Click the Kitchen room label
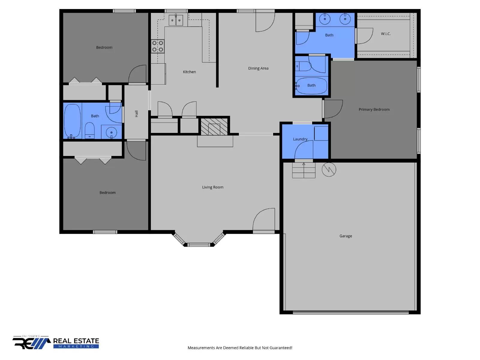(189, 72)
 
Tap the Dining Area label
(258, 68)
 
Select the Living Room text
(213, 187)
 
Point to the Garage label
(346, 236)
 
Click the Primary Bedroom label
(374, 109)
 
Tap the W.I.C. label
(386, 34)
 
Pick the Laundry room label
(300, 139)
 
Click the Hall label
(136, 114)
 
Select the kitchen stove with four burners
(157, 46)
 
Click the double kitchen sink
(175, 20)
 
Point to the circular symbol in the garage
(329, 170)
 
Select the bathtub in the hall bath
(72, 121)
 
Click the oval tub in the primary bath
(311, 86)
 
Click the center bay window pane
(199, 245)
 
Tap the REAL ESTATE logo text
(76, 341)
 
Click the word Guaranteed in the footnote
(281, 348)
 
